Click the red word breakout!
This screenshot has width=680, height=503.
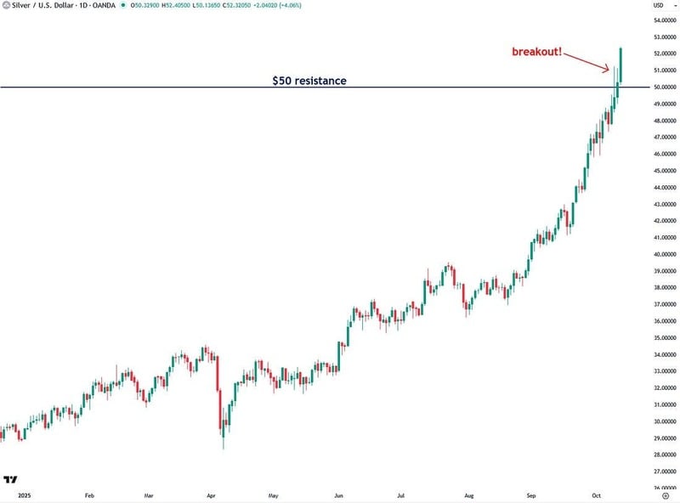click(x=537, y=52)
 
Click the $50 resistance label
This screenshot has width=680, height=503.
click(x=309, y=81)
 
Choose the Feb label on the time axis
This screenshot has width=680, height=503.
click(x=88, y=494)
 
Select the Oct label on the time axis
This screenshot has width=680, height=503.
click(x=596, y=494)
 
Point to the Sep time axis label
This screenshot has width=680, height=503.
click(x=532, y=494)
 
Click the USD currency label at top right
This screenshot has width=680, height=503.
click(x=658, y=6)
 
